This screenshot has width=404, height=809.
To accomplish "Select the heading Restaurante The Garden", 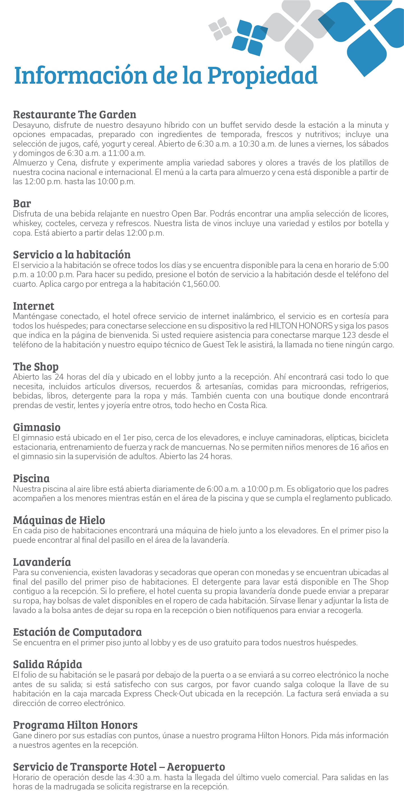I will (75, 114).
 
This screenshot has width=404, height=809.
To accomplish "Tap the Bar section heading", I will (22, 204).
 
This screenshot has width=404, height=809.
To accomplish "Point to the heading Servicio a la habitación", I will (71, 254).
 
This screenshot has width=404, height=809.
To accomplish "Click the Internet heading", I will (34, 306).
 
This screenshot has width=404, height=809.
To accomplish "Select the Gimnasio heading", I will (37, 427).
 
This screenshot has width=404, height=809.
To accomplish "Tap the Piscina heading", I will (31, 478).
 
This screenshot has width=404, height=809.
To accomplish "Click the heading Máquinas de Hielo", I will (59, 520).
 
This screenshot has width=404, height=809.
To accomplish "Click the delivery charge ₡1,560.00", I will (201, 284).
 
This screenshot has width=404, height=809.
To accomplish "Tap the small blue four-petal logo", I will (249, 38).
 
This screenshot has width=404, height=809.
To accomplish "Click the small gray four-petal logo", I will (220, 29).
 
